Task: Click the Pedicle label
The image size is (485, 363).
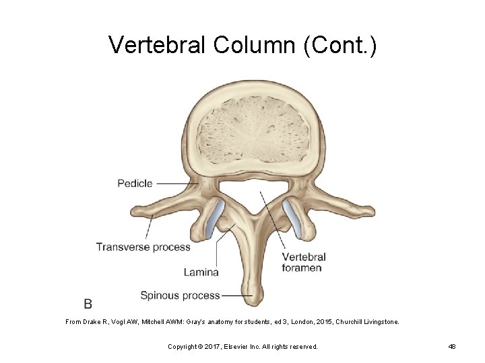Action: tap(135, 183)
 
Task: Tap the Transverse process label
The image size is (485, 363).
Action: tap(143, 247)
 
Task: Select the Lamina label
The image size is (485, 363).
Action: tap(201, 272)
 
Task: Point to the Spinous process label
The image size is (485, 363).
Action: tap(180, 295)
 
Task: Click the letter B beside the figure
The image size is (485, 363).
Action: tap(88, 304)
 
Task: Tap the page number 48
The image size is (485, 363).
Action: tap(452, 346)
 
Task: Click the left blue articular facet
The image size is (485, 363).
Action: tap(215, 218)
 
